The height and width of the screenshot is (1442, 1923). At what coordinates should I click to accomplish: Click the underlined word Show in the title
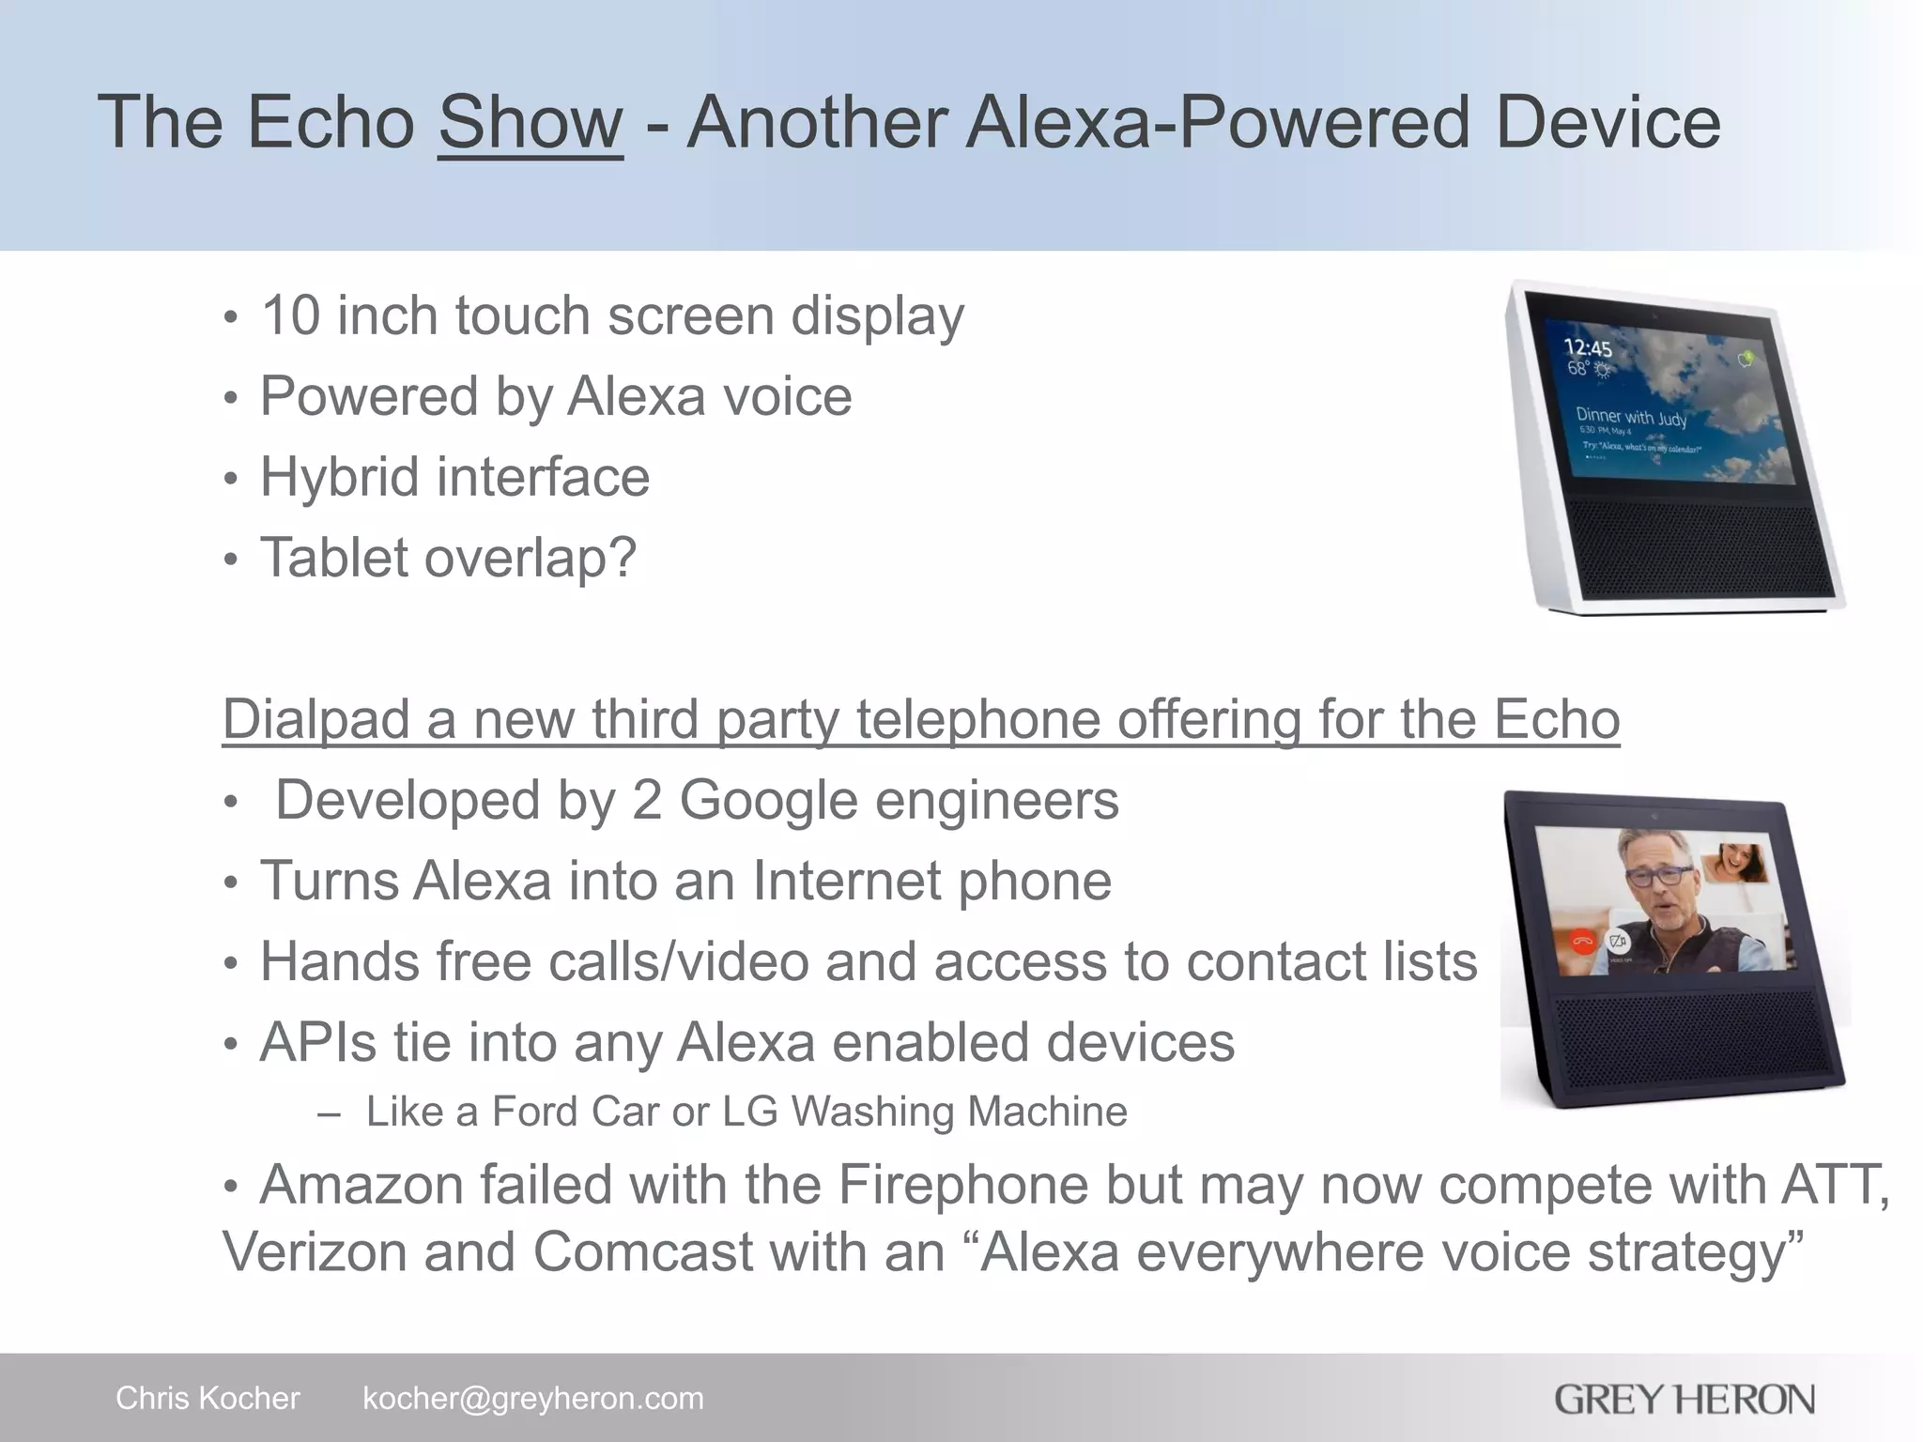coord(530,122)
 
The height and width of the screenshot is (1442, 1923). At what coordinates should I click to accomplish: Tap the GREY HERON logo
coord(1684,1399)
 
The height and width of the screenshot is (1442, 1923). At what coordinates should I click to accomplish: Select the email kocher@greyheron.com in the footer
coord(532,1398)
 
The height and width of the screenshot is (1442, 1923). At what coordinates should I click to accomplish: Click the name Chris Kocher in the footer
coord(208,1398)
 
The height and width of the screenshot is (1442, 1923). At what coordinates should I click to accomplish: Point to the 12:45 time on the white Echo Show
coord(1587,347)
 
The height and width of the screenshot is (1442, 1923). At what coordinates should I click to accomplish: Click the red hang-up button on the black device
coord(1583,941)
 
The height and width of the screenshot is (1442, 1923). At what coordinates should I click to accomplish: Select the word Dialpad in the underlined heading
coord(315,719)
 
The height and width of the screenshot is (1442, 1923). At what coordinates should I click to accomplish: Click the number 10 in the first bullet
coord(290,315)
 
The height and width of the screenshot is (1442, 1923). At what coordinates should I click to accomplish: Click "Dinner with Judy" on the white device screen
coord(1631,416)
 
